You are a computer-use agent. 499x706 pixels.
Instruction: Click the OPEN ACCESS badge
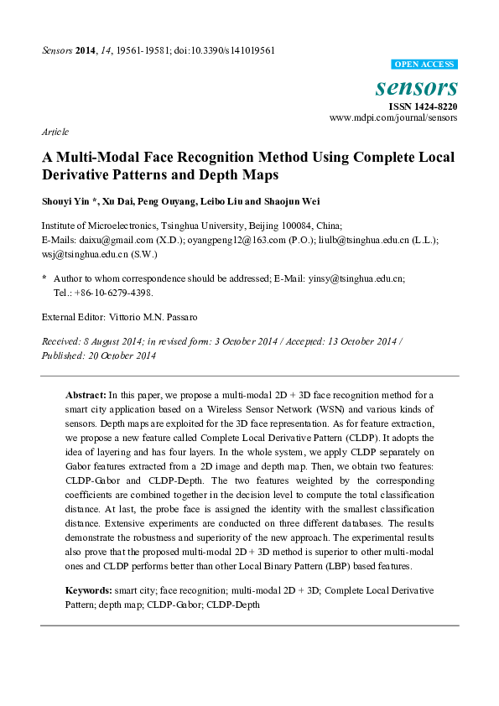click(x=424, y=64)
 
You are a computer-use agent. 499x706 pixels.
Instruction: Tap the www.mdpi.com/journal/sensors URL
click(x=393, y=118)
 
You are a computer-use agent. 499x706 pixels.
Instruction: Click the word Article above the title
click(x=55, y=132)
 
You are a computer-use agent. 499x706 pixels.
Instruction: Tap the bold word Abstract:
click(x=86, y=394)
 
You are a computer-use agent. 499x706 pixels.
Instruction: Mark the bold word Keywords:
click(x=90, y=590)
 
